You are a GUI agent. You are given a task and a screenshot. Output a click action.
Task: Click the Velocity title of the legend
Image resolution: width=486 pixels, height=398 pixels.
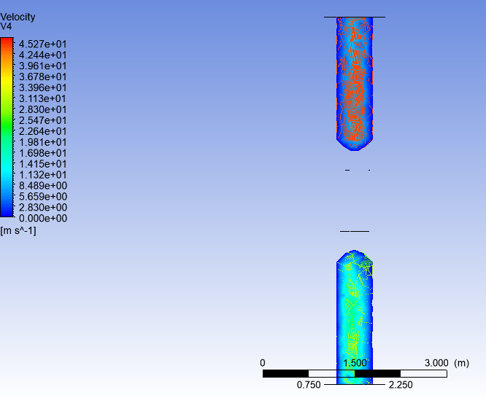[x=18, y=17]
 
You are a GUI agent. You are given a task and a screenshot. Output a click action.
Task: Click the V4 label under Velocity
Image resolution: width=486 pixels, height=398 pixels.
[x=7, y=26]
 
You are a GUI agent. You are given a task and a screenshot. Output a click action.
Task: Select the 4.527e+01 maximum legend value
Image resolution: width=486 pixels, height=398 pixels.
[x=43, y=44]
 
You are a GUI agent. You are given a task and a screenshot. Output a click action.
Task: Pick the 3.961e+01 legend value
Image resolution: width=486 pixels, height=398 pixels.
[x=43, y=66]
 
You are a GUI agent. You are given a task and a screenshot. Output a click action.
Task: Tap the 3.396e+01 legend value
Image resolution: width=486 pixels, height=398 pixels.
[x=43, y=87]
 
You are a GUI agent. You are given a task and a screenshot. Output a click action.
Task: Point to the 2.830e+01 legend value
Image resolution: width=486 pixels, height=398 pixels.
[x=43, y=109]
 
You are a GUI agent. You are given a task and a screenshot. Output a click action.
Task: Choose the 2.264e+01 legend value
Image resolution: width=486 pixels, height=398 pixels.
[x=43, y=131]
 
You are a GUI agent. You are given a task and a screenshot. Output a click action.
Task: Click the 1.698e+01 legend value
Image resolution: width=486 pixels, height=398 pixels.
[x=43, y=153]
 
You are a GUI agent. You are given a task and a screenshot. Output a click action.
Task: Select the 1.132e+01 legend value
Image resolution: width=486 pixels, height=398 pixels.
[x=43, y=175]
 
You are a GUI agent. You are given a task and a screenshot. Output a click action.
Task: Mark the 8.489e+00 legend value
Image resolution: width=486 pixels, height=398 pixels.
[x=43, y=186]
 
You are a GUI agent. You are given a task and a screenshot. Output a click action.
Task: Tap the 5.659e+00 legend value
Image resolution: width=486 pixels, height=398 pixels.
[x=43, y=197]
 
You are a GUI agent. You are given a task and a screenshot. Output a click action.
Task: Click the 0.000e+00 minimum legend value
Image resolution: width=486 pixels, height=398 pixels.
[x=43, y=218]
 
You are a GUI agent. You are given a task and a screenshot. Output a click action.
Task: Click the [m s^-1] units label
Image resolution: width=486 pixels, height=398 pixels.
[x=18, y=231]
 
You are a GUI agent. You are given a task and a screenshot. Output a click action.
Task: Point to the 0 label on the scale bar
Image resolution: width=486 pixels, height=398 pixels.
[x=263, y=363]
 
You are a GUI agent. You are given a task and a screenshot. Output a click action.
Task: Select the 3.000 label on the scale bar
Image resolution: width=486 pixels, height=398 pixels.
[x=436, y=363]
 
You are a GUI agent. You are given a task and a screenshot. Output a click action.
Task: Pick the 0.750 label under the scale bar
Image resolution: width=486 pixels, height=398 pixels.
[x=309, y=385]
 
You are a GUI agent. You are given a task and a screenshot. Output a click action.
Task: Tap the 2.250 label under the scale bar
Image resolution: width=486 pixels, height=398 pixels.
[x=401, y=385]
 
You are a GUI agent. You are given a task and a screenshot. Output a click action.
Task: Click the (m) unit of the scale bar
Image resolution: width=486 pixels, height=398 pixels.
[x=461, y=363]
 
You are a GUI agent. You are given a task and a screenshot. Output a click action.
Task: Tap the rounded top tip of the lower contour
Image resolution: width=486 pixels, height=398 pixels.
[x=355, y=252]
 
